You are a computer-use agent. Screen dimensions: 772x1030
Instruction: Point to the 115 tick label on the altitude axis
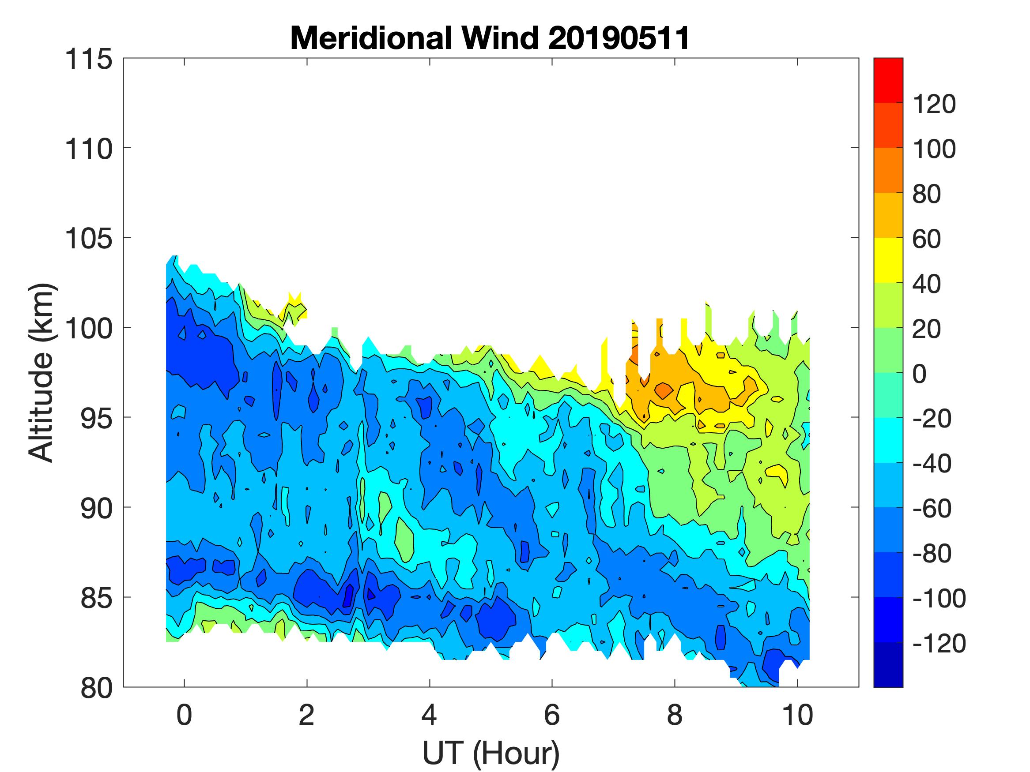point(88,60)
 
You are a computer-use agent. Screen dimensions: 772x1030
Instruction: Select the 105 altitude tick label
point(88,239)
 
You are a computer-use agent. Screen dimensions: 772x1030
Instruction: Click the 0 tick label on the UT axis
point(185,715)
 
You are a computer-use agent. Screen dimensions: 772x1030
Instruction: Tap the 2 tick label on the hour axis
point(306,715)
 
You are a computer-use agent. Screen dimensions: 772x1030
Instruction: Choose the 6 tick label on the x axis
point(552,715)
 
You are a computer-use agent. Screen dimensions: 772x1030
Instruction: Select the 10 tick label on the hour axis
point(798,715)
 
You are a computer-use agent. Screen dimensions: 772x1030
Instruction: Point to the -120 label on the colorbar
point(939,644)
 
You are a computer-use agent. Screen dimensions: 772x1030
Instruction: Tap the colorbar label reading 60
point(927,239)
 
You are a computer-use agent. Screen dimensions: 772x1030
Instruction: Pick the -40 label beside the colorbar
point(931,464)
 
